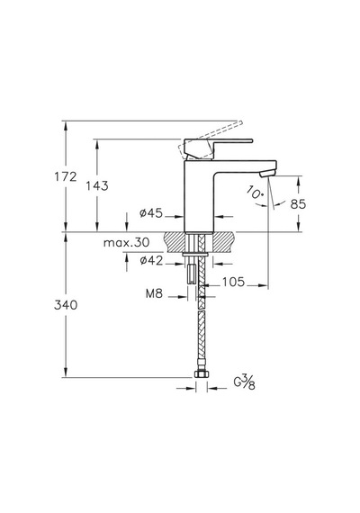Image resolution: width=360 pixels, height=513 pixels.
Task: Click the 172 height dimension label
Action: click(66, 176)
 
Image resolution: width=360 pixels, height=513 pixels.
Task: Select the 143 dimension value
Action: click(97, 185)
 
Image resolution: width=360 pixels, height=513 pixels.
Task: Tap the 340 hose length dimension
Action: click(66, 305)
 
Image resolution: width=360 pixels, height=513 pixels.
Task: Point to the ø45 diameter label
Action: click(151, 213)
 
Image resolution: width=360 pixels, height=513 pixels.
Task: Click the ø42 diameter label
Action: click(151, 261)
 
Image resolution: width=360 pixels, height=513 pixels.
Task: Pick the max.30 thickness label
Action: click(126, 243)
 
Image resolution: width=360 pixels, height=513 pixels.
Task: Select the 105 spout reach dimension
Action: click(234, 282)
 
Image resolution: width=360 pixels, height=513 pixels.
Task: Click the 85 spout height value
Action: click(298, 204)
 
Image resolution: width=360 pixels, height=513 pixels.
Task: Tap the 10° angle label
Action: click(255, 192)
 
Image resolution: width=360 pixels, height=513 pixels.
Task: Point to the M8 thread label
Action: click(154, 293)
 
